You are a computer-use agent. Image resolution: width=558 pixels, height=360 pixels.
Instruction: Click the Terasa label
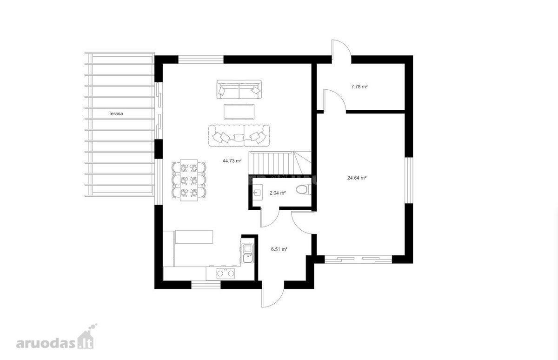point(116,113)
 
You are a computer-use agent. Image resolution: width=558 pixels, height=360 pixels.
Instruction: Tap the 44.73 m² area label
point(232,161)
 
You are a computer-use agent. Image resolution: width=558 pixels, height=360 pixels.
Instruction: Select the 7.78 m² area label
point(359,87)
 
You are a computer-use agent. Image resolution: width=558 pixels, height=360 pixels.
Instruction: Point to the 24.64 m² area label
point(357,178)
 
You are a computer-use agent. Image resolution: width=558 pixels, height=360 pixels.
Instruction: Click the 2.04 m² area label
point(278,193)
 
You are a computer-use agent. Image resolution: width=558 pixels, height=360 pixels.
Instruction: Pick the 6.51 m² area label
point(279,249)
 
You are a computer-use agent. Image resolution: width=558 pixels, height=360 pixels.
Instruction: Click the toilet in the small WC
point(303,190)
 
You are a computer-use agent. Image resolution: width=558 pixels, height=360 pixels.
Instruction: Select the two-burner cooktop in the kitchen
point(226,273)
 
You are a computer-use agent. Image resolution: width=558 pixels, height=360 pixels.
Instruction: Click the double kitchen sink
point(247,253)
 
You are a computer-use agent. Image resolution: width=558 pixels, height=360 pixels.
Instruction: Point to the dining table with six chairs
point(189,180)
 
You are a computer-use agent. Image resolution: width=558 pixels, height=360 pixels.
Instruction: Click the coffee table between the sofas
point(239,112)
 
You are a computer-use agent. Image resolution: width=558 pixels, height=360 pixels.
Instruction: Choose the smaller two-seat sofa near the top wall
point(239,89)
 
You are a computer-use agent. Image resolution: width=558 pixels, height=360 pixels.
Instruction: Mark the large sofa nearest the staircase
point(239,136)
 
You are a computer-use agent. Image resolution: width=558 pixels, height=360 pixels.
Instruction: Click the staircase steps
point(280,163)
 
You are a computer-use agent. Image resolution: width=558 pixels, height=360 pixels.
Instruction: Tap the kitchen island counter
point(194,237)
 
